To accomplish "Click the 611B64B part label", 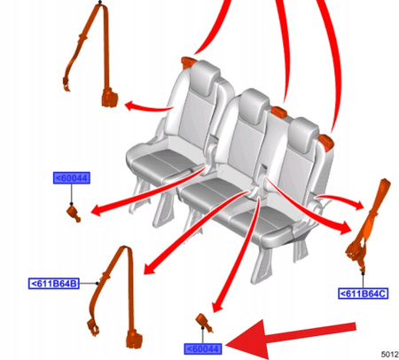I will [54, 284].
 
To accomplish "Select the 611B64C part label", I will [363, 292].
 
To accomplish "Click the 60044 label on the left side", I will [72, 179].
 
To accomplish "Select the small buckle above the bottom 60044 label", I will [203, 322].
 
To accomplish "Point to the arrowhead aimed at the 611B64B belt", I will [144, 270].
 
